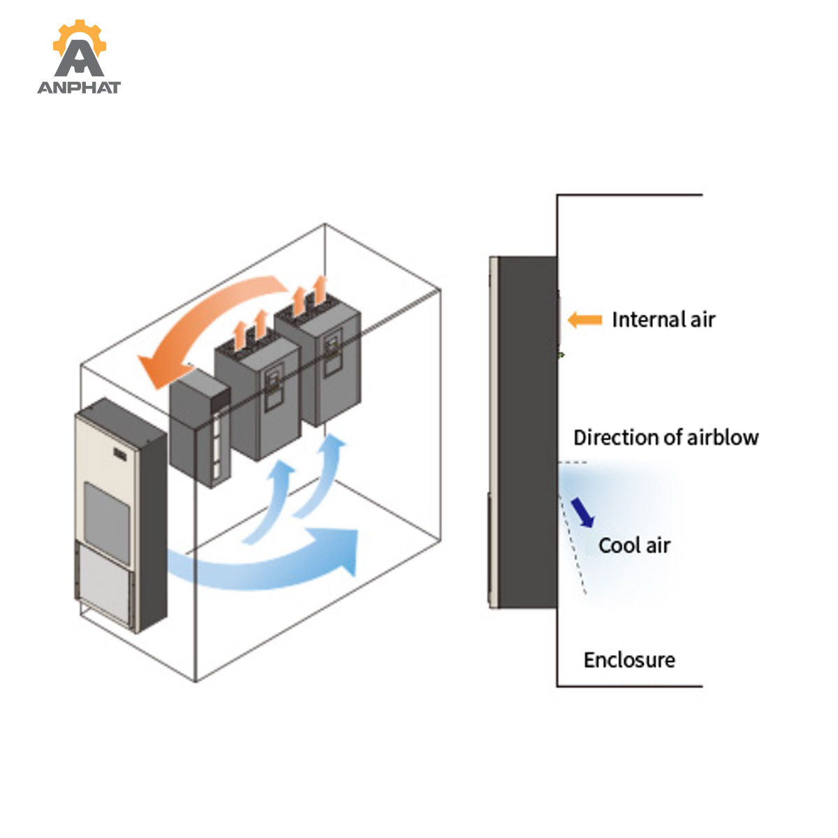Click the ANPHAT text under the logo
point(79,87)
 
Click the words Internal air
point(663,320)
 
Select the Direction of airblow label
point(666,437)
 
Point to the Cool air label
point(635,545)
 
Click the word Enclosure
point(629,660)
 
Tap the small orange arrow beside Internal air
point(585,320)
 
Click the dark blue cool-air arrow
point(582,513)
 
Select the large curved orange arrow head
point(163,369)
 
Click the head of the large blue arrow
point(338,550)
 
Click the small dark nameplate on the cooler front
point(120,455)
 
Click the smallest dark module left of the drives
point(199,428)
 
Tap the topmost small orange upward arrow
point(320,290)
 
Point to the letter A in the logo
point(79,59)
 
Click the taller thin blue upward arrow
point(320,476)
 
